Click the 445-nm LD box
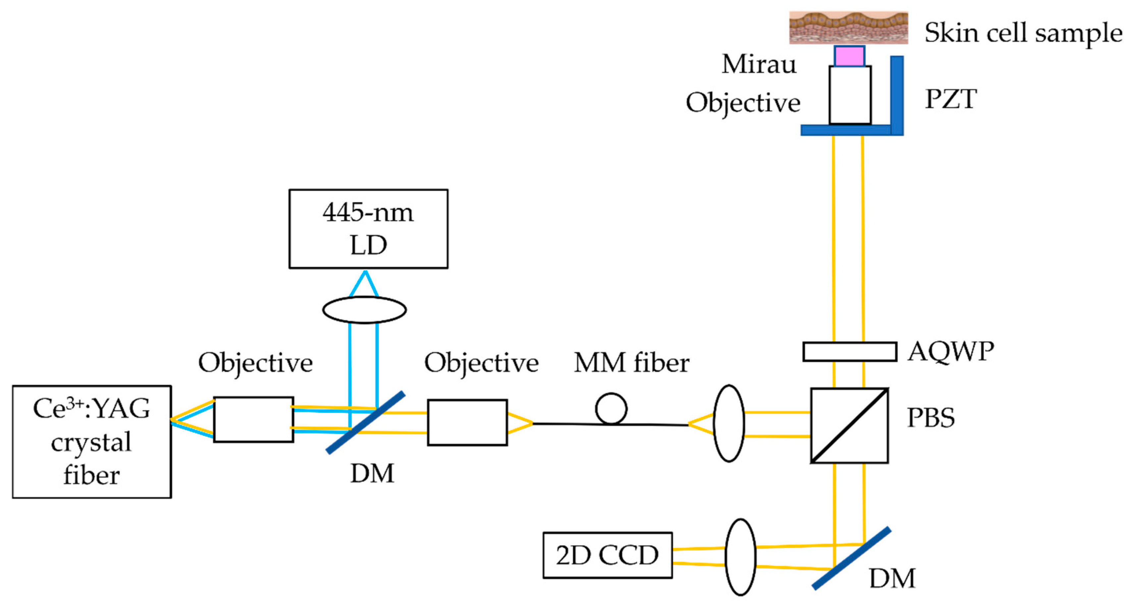368,229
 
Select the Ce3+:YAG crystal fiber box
92,442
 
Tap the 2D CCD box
607,555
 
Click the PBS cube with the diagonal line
849,425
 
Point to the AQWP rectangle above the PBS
849,351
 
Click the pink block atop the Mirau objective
849,56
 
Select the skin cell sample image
848,28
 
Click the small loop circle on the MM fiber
611,408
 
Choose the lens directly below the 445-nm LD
364,310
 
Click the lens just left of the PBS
729,423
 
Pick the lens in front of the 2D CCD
740,557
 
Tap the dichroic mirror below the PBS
851,558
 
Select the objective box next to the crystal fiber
253,419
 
